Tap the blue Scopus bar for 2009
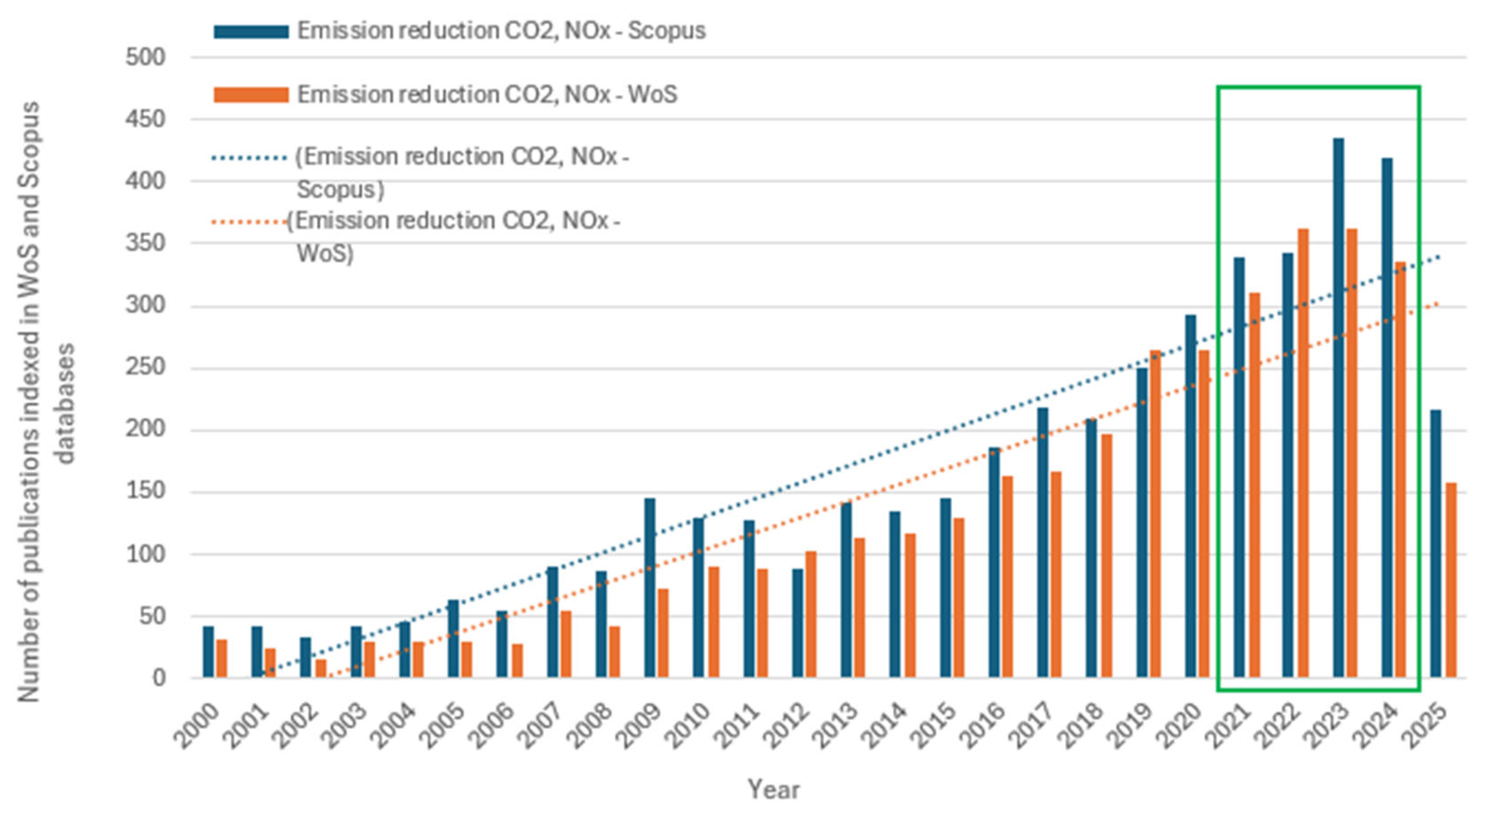tap(650, 588)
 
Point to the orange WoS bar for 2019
tap(1155, 513)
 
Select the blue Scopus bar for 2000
tap(208, 652)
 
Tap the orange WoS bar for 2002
tap(321, 668)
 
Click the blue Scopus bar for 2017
tap(1042, 542)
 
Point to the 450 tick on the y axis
tap(145, 119)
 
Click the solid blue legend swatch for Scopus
tap(251, 32)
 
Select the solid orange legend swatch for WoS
tap(251, 95)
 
